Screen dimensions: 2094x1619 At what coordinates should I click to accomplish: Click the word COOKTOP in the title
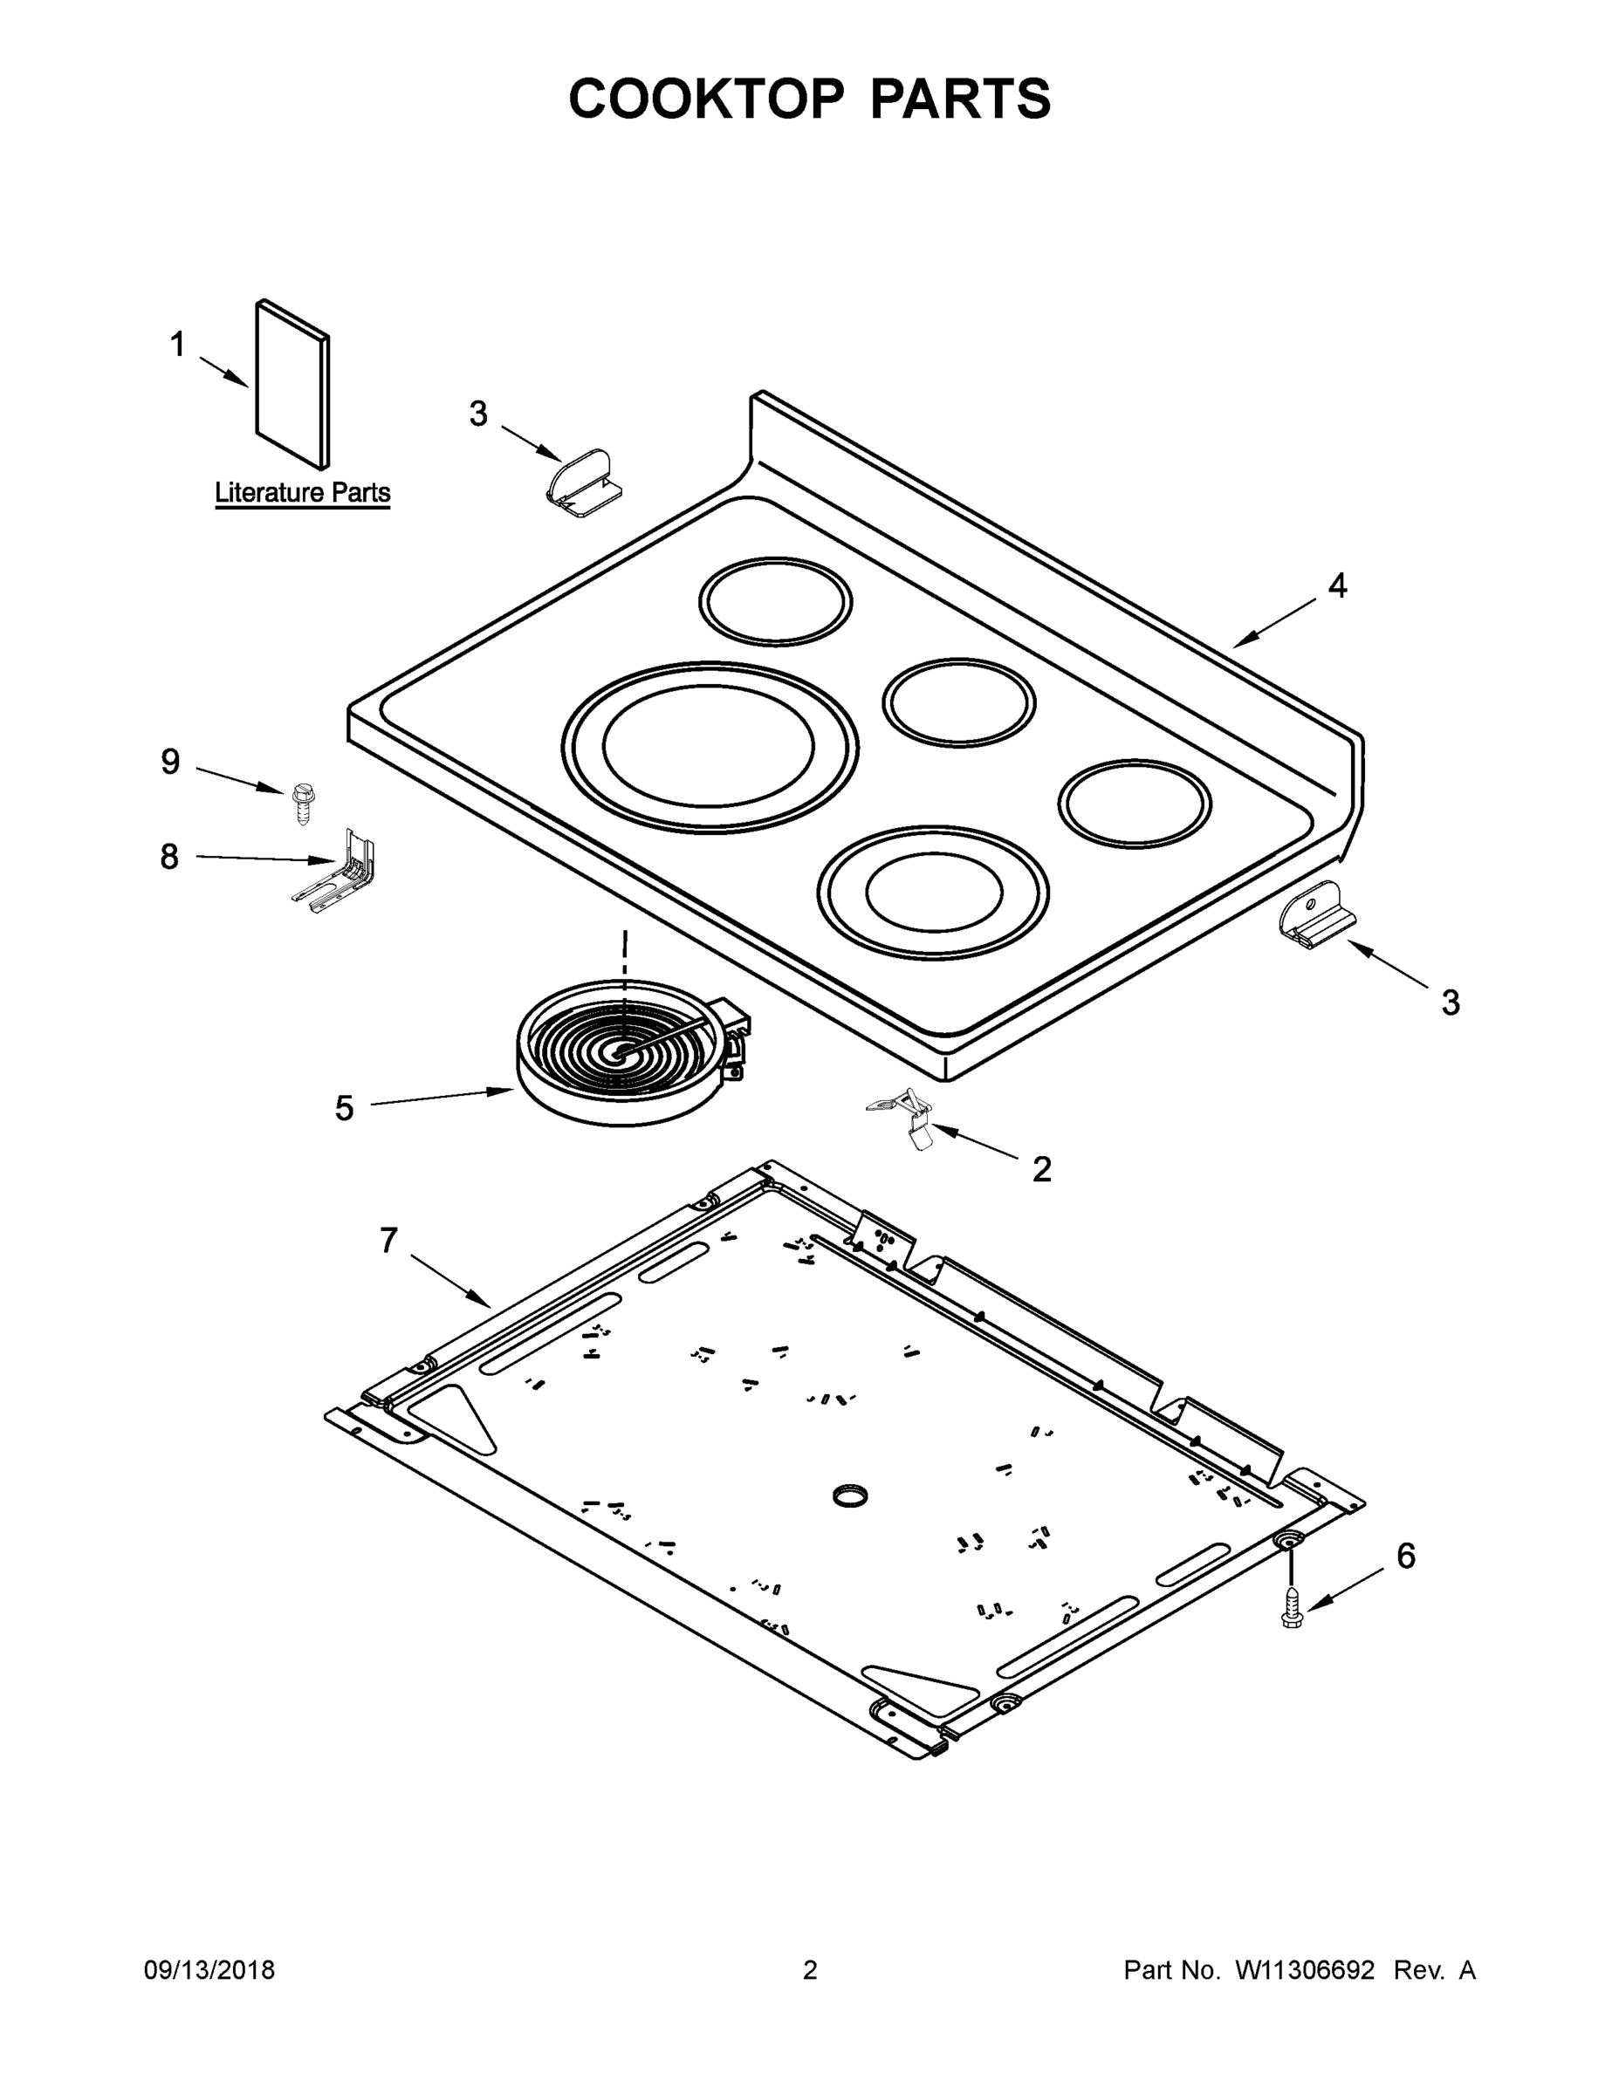pyautogui.click(x=707, y=99)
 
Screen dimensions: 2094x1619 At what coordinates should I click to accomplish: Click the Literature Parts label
pyautogui.click(x=302, y=493)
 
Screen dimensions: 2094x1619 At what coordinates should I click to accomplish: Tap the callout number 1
pyautogui.click(x=177, y=345)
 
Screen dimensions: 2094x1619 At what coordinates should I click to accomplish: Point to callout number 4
pyautogui.click(x=1336, y=585)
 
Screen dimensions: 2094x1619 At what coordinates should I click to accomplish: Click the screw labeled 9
pyautogui.click(x=300, y=804)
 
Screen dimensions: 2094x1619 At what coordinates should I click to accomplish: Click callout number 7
pyautogui.click(x=388, y=1241)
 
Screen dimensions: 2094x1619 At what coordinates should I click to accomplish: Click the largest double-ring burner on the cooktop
pyautogui.click(x=710, y=747)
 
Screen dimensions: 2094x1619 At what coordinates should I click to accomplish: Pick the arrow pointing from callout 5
pyautogui.click(x=442, y=1098)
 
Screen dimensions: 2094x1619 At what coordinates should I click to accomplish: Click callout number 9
pyautogui.click(x=170, y=763)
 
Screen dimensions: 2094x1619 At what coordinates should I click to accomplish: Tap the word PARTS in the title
pyautogui.click(x=960, y=99)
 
